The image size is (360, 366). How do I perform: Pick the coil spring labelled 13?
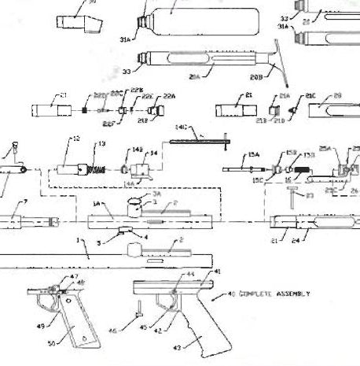[94, 168]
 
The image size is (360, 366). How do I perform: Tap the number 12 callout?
[76, 140]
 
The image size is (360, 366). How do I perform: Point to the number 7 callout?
[25, 202]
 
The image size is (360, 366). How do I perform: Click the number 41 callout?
[218, 272]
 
